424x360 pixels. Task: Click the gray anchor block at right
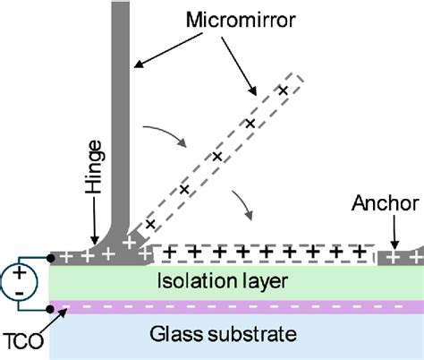click(x=398, y=257)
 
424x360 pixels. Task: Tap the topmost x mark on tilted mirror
click(x=284, y=90)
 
